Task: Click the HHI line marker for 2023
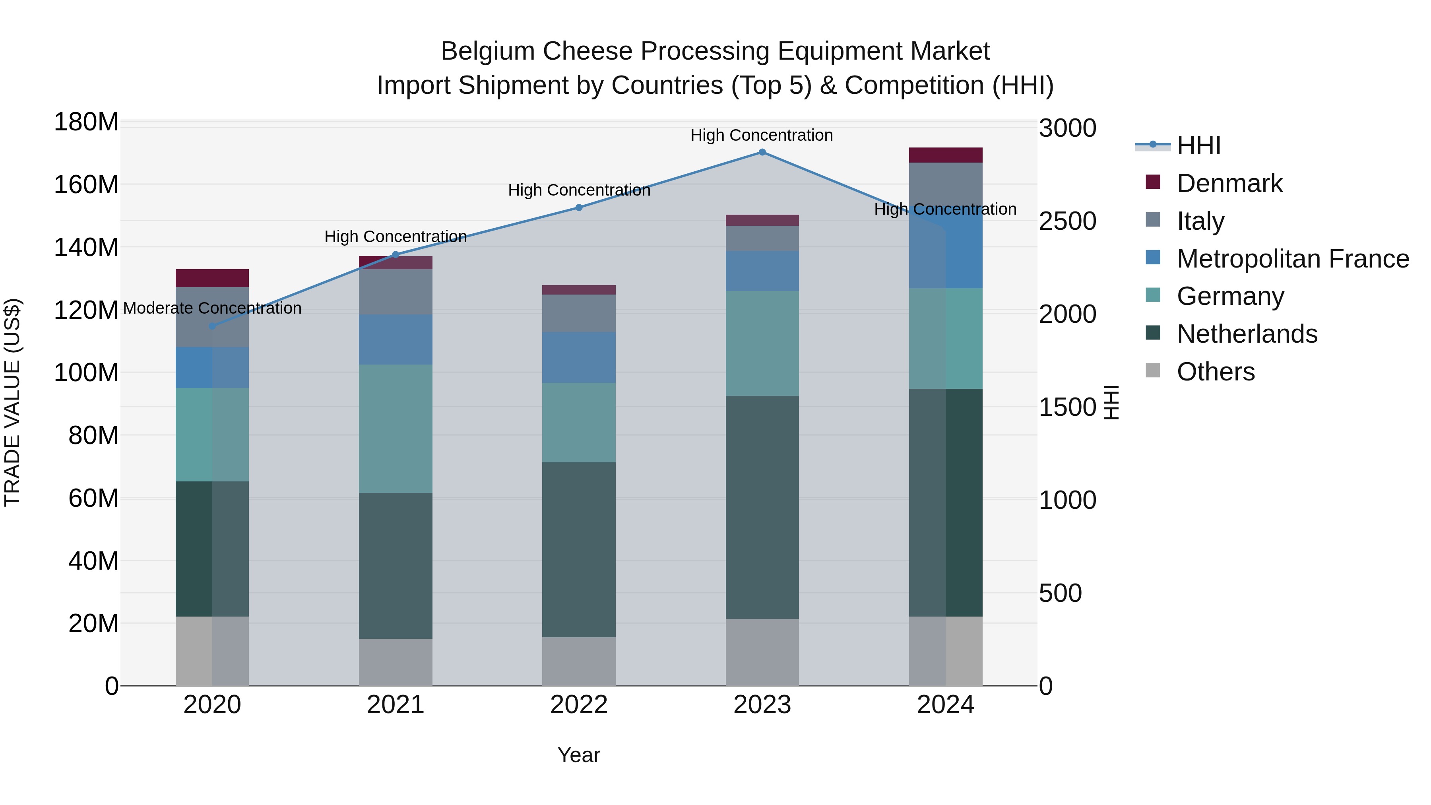(x=762, y=152)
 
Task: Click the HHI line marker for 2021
(x=396, y=255)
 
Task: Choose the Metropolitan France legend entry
(x=1292, y=259)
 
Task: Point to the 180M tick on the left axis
(x=86, y=122)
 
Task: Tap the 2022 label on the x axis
(x=579, y=705)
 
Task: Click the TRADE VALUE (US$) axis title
(x=12, y=402)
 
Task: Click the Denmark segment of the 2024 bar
(x=946, y=155)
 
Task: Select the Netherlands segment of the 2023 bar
(x=762, y=507)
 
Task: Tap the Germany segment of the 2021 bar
(x=396, y=428)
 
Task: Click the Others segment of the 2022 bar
(x=579, y=661)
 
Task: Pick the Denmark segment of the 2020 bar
(x=212, y=278)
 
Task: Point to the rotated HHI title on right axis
(x=1111, y=402)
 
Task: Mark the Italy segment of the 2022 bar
(x=579, y=313)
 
